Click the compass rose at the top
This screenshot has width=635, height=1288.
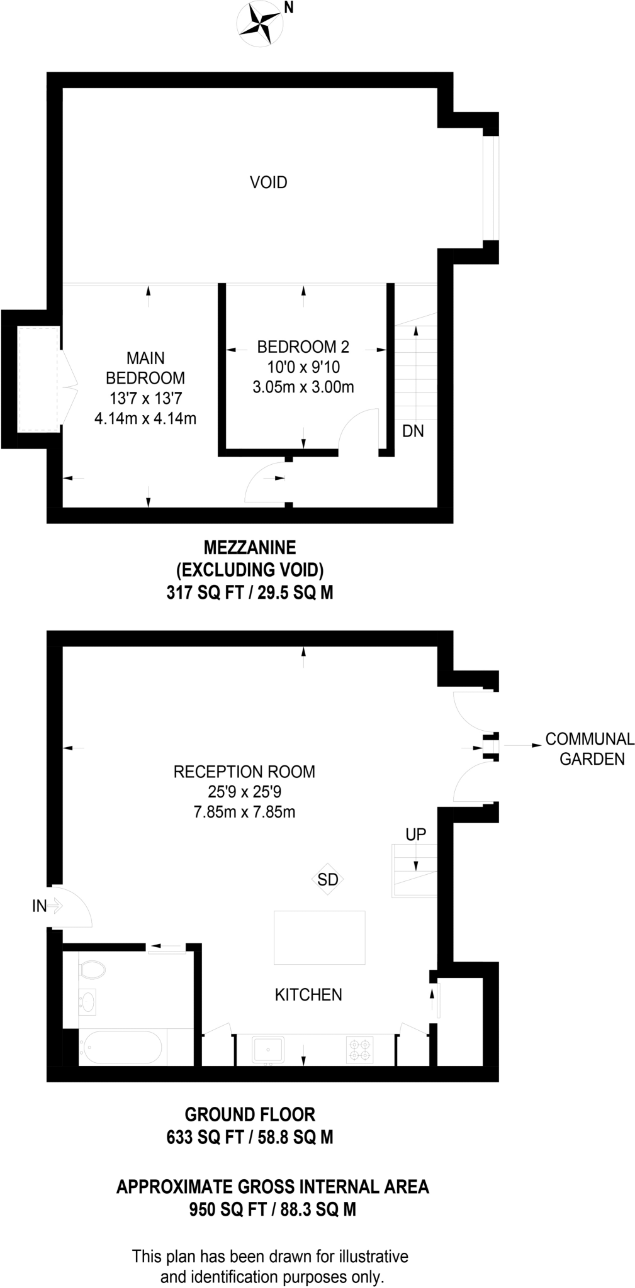[x=259, y=23]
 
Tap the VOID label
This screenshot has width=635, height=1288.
[x=268, y=182]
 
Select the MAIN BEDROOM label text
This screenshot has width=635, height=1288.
[x=145, y=368]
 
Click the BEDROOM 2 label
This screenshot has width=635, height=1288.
[x=303, y=347]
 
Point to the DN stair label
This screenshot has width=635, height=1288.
[x=413, y=431]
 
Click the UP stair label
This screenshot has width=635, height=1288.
[x=415, y=835]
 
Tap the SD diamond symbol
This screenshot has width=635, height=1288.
[x=327, y=879]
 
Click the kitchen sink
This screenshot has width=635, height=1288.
[x=269, y=1049]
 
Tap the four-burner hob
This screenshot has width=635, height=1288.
[x=359, y=1049]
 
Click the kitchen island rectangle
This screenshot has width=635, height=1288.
[x=319, y=938]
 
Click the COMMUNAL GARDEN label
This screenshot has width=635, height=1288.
[x=590, y=748]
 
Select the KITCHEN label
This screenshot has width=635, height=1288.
[x=308, y=994]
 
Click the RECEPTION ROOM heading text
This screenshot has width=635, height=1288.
[x=244, y=772]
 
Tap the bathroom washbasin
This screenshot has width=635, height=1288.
[x=88, y=1001]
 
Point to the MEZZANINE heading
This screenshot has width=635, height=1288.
[x=250, y=547]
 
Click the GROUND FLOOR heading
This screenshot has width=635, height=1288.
[x=250, y=1115]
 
